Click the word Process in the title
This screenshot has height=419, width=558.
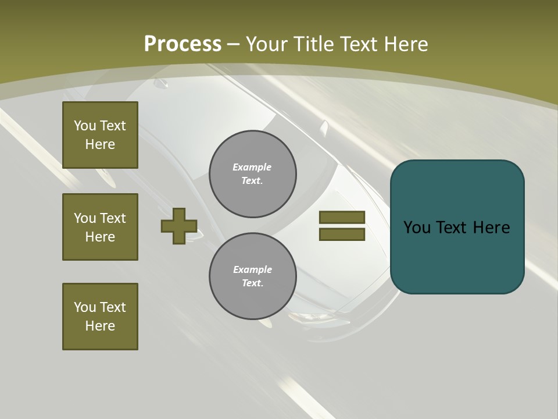click(183, 44)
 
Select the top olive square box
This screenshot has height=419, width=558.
click(100, 135)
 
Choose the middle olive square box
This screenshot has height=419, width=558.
click(100, 227)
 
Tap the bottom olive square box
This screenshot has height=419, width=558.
click(100, 317)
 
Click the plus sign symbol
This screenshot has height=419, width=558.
click(179, 226)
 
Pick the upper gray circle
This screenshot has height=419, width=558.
click(252, 174)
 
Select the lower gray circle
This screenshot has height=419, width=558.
click(252, 276)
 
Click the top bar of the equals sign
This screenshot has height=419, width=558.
click(342, 217)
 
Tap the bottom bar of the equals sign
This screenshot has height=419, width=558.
click(342, 235)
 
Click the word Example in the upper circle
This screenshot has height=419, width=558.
click(252, 167)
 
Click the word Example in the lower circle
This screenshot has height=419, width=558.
click(252, 269)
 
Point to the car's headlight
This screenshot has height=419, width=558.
click(311, 317)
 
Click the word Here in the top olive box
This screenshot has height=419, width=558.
click(100, 144)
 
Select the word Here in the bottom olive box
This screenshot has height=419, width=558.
click(100, 326)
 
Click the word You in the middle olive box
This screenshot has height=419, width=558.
click(85, 218)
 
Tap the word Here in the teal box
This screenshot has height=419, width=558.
click(491, 228)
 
